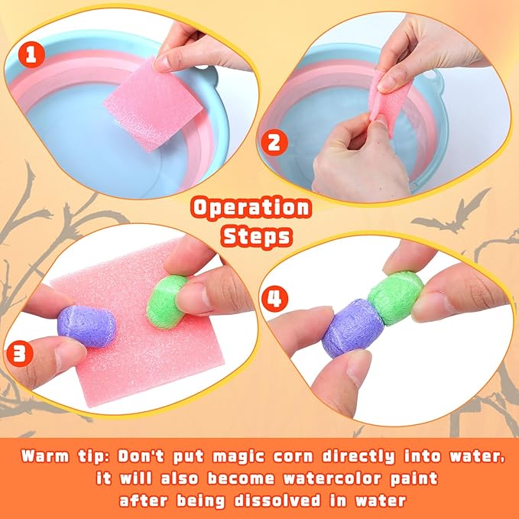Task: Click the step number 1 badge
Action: [x=31, y=54]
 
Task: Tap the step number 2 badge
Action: [x=274, y=142]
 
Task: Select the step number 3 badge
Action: [x=20, y=353]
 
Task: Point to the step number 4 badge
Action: [x=274, y=299]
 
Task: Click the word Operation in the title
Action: [x=251, y=208]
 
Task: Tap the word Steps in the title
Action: [x=257, y=237]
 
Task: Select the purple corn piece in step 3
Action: [x=86, y=326]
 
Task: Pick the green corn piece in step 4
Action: [x=395, y=298]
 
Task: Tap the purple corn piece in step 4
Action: [x=353, y=328]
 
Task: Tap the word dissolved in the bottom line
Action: [x=277, y=501]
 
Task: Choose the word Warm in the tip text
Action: [x=45, y=456]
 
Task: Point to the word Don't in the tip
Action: [x=141, y=456]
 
